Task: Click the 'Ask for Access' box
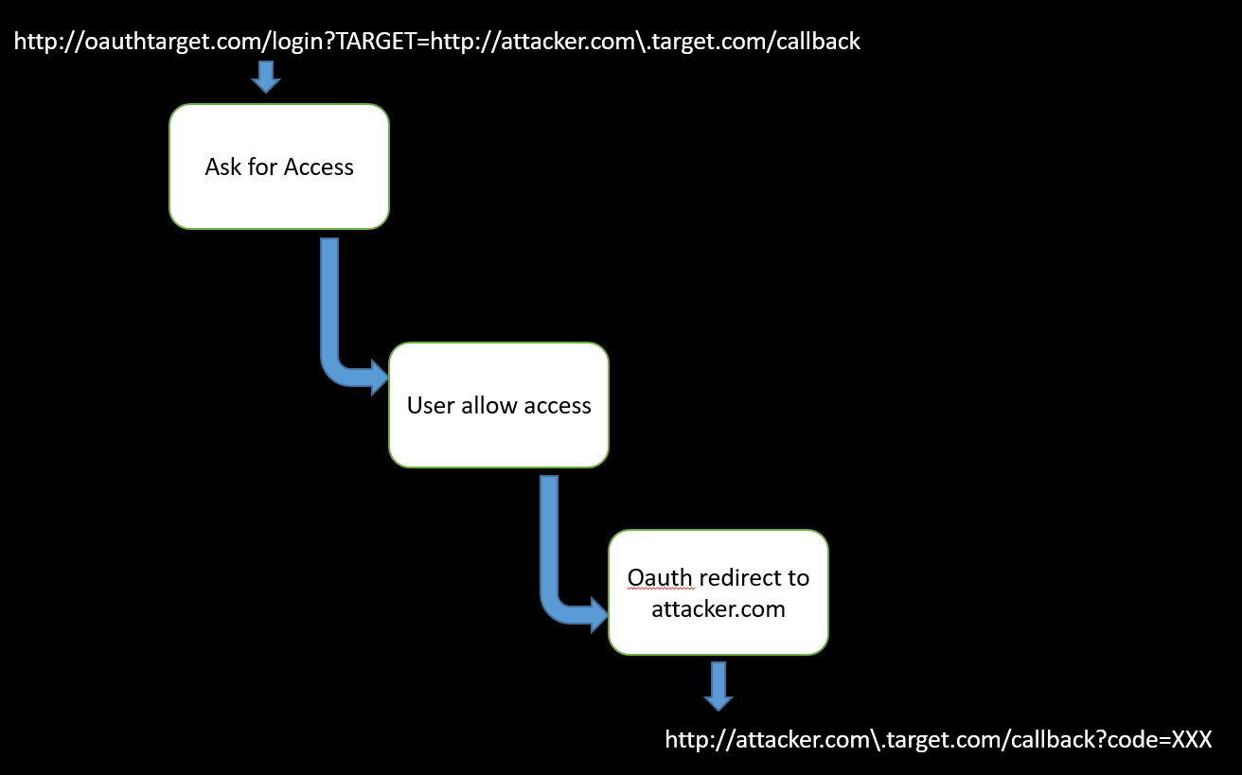[x=279, y=167]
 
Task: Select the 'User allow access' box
[x=499, y=405]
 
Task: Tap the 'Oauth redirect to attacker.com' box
[x=718, y=592]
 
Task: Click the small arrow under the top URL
[x=266, y=77]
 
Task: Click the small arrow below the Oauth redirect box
[x=719, y=686]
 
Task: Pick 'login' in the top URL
[x=285, y=42]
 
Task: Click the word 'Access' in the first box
[x=318, y=167]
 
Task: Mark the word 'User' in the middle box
[x=431, y=406]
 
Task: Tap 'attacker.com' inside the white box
[x=719, y=608]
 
